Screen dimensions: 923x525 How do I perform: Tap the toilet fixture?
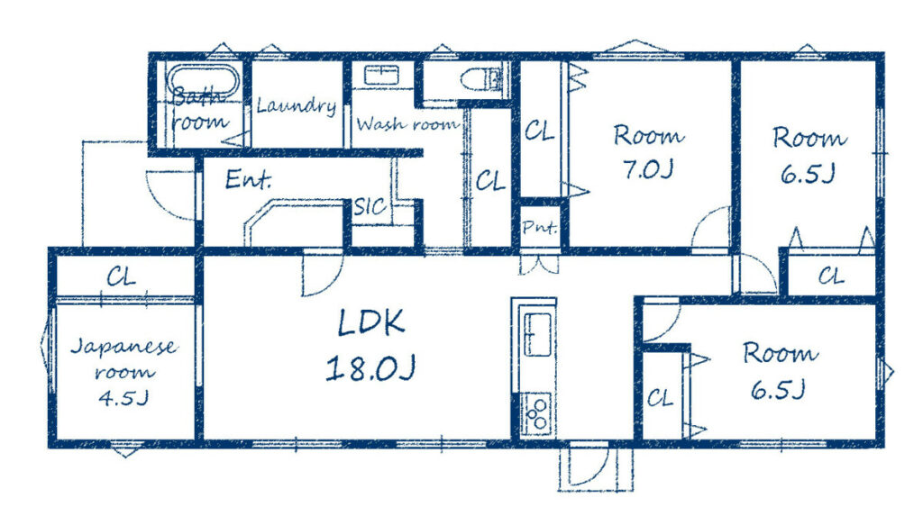(x=481, y=79)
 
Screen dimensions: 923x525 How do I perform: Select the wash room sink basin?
(x=381, y=76)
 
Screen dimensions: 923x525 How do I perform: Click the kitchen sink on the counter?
(x=537, y=334)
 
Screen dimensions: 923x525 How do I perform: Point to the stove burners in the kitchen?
(x=537, y=412)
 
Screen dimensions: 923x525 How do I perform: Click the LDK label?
(x=371, y=322)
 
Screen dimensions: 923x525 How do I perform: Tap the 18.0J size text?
(x=370, y=367)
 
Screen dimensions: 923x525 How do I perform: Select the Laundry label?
(x=297, y=106)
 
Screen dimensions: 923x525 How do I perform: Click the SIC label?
(x=370, y=206)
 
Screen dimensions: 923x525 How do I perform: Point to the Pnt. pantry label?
(x=540, y=227)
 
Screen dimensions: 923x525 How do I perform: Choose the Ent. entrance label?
(x=249, y=180)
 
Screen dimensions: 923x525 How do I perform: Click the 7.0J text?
(x=647, y=170)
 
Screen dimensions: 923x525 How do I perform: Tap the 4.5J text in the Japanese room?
(x=123, y=399)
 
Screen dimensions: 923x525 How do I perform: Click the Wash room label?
(x=407, y=124)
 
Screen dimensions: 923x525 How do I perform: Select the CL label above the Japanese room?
(x=122, y=276)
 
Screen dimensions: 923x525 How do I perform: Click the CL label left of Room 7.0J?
(x=540, y=130)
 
